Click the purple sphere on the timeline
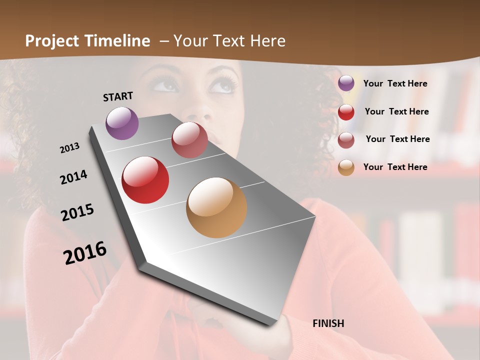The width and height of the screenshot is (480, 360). click(122, 123)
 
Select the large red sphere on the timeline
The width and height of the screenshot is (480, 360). click(145, 180)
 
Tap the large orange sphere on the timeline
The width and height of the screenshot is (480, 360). click(216, 207)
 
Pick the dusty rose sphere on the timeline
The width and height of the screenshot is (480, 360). click(189, 140)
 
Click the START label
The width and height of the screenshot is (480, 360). click(118, 96)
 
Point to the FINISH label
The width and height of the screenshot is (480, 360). click(328, 323)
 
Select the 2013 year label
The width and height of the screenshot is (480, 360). click(69, 148)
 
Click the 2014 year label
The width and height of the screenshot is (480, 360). click(73, 177)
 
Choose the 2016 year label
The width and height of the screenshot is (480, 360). click(85, 252)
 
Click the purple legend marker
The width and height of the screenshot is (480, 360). click(346, 83)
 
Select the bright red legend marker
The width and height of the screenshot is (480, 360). click(346, 111)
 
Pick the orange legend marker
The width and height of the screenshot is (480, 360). click(346, 167)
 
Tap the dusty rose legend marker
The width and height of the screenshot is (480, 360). click(346, 139)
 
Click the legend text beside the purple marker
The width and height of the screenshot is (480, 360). click(395, 83)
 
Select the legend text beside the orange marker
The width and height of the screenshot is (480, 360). click(395, 167)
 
